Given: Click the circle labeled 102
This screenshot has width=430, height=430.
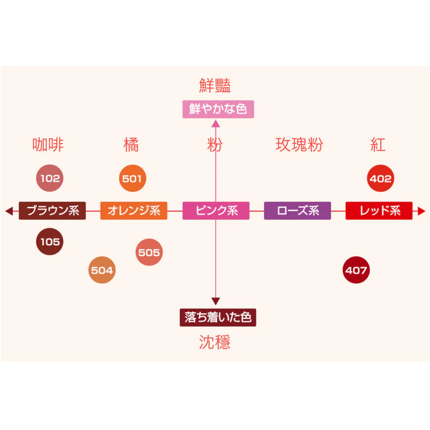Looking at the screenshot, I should (x=50, y=178).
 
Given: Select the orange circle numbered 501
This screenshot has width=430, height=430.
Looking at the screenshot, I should (x=133, y=178).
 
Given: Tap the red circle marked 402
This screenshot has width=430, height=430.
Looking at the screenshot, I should (x=380, y=178).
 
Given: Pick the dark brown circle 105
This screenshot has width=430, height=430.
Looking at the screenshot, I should (x=50, y=242).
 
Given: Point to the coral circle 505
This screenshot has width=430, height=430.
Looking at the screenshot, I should (x=149, y=252).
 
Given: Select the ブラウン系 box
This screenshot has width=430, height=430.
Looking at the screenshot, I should (x=52, y=210).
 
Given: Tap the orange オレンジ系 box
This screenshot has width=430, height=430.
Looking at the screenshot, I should (x=134, y=210).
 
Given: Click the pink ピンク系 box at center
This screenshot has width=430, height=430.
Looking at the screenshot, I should (x=216, y=210).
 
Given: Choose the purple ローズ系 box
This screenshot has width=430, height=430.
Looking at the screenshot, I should (x=297, y=210).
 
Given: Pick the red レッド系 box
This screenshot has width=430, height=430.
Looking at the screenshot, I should (x=379, y=210).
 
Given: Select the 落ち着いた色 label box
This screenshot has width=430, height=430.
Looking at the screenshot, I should (x=218, y=317).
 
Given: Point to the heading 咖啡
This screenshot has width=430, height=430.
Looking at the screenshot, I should (x=48, y=145).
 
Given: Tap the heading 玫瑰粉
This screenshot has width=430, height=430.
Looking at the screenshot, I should (x=299, y=145).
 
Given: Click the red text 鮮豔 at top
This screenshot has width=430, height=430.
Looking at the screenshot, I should (x=215, y=86).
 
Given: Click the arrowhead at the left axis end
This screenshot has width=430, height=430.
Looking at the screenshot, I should (x=8, y=211).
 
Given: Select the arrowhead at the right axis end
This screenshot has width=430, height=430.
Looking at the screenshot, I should (x=422, y=211).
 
